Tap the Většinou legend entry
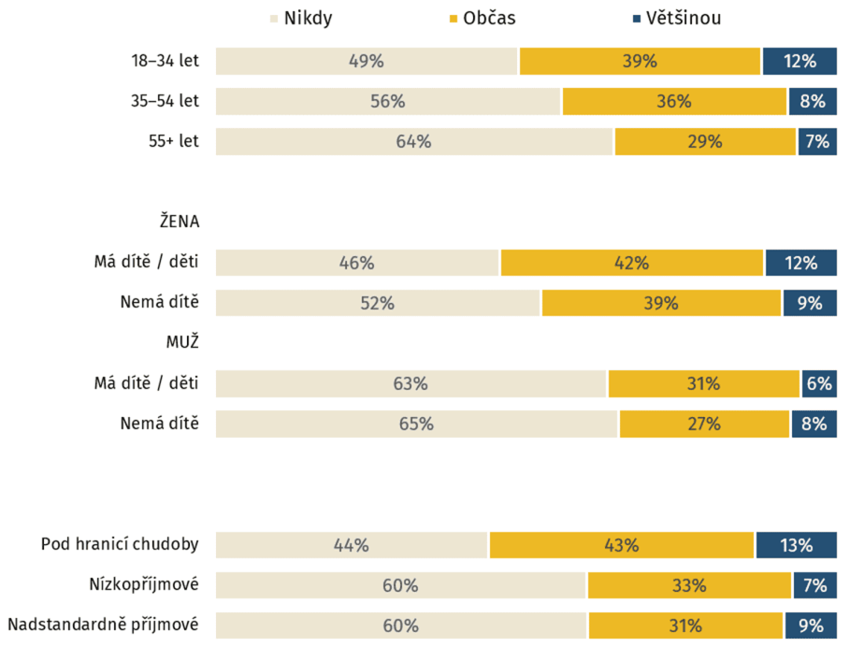click(674, 18)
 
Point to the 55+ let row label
click(173, 142)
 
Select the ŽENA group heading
click(179, 222)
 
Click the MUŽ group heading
click(183, 342)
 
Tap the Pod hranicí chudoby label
click(120, 545)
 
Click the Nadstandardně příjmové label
click(103, 625)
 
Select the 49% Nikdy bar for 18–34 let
click(367, 62)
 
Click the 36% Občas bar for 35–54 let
click(673, 102)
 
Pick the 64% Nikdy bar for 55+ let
click(414, 142)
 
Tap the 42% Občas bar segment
click(632, 263)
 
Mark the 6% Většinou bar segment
click(818, 383)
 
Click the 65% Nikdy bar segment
click(416, 424)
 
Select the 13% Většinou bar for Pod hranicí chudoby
click(796, 545)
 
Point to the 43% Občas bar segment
click(621, 545)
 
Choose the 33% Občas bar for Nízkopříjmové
click(689, 585)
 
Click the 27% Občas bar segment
click(704, 424)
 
